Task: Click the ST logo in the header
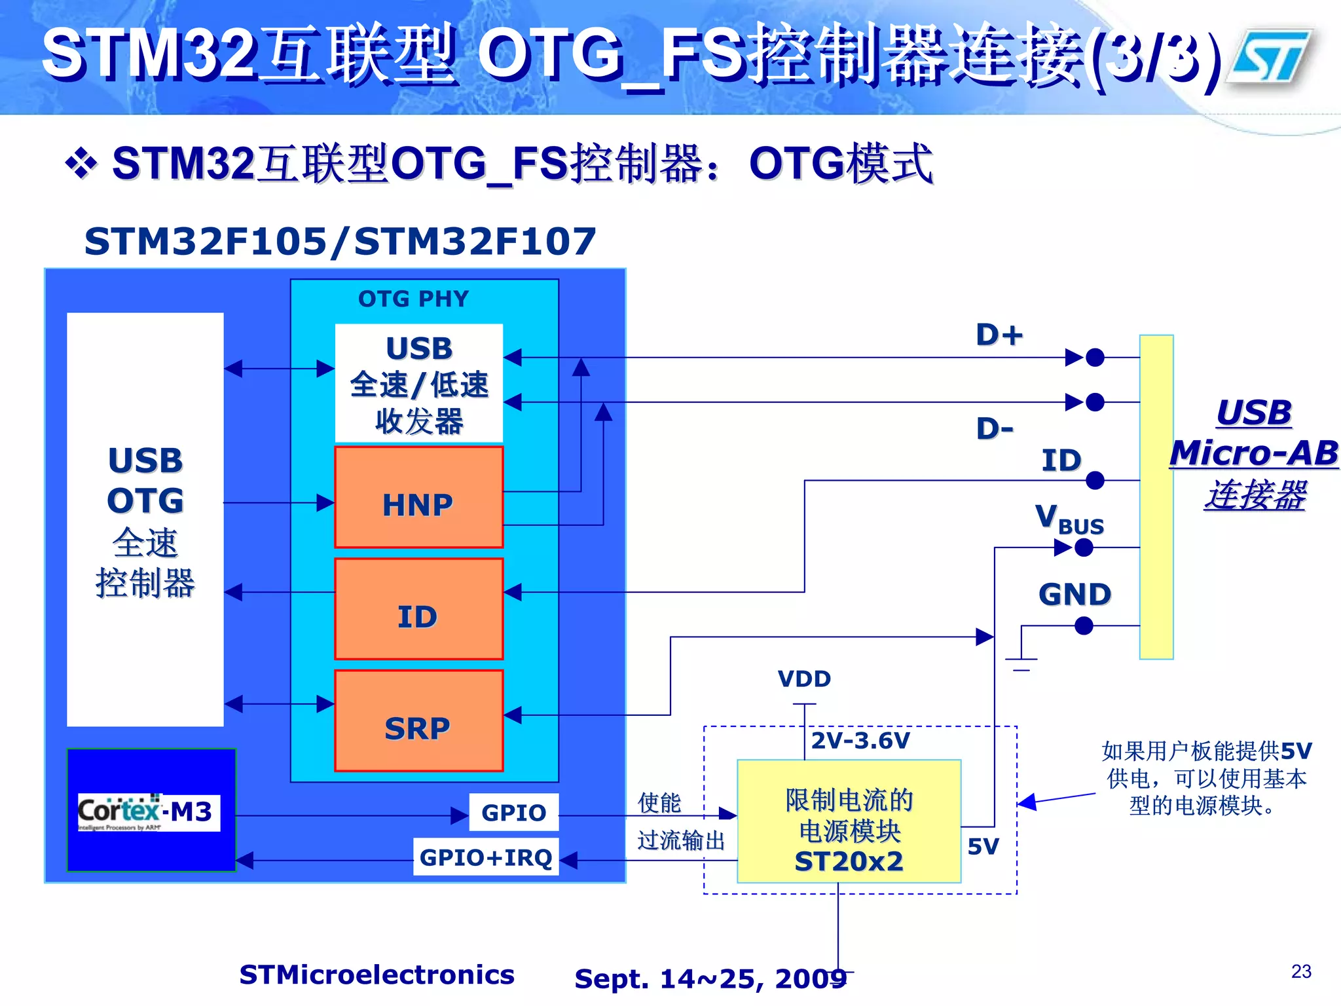click(x=1270, y=57)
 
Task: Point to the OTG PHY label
click(x=413, y=299)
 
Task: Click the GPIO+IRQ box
click(x=486, y=857)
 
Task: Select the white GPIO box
click(x=514, y=812)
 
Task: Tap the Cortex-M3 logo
click(x=149, y=812)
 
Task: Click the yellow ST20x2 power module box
click(x=849, y=822)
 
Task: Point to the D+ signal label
click(x=999, y=335)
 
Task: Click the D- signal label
click(x=994, y=429)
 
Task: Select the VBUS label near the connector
click(x=1069, y=519)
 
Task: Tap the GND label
click(x=1075, y=594)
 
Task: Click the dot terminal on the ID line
click(x=1095, y=481)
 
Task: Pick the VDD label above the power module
click(x=804, y=679)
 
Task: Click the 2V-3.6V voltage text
click(x=860, y=741)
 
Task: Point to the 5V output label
click(x=983, y=846)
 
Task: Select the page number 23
click(x=1301, y=971)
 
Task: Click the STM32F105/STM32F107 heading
click(x=340, y=241)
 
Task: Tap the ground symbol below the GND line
click(x=1021, y=663)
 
